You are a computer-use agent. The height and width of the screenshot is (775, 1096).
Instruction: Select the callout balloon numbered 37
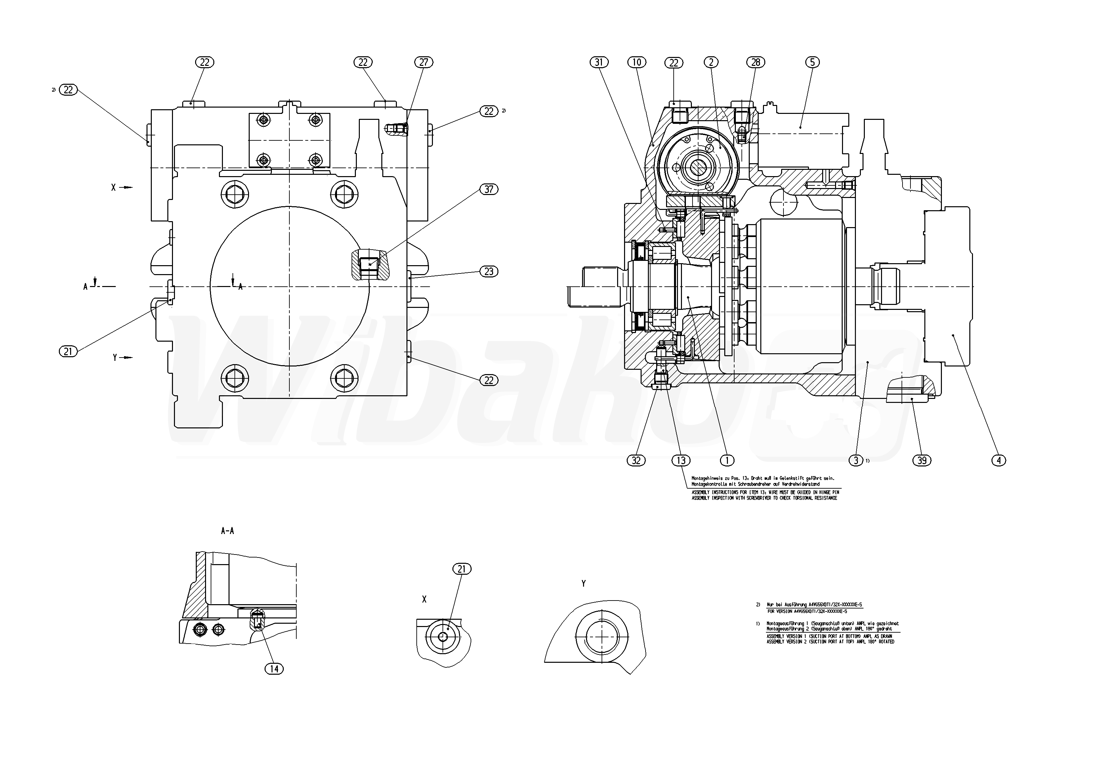coord(488,189)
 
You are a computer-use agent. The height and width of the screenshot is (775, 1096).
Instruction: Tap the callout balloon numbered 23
coord(488,271)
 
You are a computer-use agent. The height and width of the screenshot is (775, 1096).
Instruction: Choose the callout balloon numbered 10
coord(637,62)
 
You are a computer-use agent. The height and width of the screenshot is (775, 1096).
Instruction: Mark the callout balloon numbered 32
coord(636,460)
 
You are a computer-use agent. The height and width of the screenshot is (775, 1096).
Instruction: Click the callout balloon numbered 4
coord(999,460)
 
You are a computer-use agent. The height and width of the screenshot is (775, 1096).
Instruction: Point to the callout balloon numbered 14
coord(274,669)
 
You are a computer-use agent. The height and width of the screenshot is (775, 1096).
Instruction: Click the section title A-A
coord(227,531)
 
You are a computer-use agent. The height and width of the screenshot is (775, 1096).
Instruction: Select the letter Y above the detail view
coord(583,583)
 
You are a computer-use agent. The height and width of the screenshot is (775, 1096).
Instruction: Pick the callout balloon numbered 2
coord(711,62)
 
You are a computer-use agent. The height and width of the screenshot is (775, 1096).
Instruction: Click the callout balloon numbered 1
coord(727,460)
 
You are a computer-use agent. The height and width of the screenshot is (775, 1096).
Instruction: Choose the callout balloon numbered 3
coord(856,460)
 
